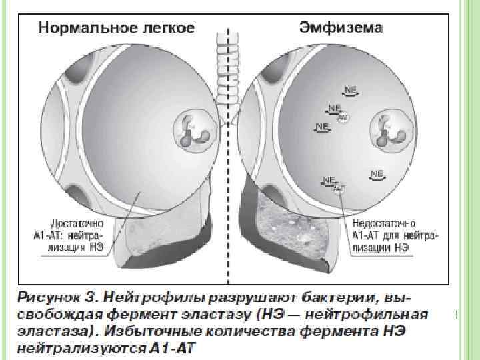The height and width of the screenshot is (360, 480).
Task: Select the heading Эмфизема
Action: [x=339, y=27]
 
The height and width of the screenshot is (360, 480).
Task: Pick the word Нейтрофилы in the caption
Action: [x=147, y=296]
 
